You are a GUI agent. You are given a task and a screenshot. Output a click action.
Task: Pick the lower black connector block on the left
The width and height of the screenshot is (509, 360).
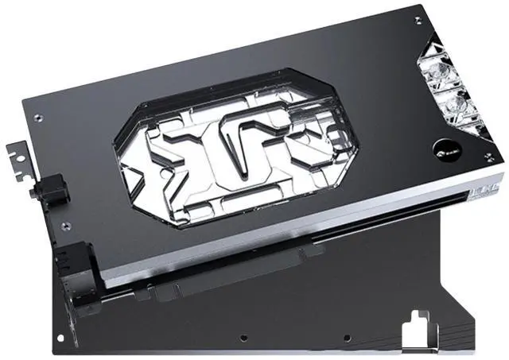point(78,266)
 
